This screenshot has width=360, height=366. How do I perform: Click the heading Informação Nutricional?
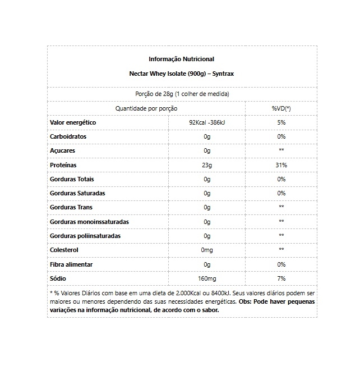(x=181, y=59)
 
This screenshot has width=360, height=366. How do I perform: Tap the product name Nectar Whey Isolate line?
(x=181, y=74)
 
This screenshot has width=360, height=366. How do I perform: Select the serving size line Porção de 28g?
(x=182, y=94)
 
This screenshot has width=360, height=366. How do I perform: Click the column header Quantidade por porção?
(x=146, y=108)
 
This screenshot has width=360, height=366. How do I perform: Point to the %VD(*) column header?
(x=281, y=108)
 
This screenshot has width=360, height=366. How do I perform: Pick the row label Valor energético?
(x=73, y=122)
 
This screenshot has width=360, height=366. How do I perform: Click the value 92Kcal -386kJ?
(x=207, y=122)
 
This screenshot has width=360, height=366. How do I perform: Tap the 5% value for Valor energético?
(x=281, y=122)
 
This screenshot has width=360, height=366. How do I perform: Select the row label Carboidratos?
(x=68, y=136)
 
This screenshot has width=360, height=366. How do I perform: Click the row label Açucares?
(x=62, y=151)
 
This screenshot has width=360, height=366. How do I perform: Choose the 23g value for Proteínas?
(x=207, y=165)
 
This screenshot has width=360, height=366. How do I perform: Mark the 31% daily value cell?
(x=281, y=165)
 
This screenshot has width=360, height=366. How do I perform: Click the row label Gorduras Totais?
(x=72, y=179)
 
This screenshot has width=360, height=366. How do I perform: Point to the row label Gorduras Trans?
(x=71, y=208)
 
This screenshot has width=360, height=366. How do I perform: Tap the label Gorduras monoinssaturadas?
(x=89, y=222)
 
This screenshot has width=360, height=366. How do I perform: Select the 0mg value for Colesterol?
(x=207, y=250)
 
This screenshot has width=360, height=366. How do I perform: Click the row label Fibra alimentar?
(x=71, y=264)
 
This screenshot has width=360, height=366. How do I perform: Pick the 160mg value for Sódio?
(x=207, y=278)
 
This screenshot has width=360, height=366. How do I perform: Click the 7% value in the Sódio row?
(x=281, y=278)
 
